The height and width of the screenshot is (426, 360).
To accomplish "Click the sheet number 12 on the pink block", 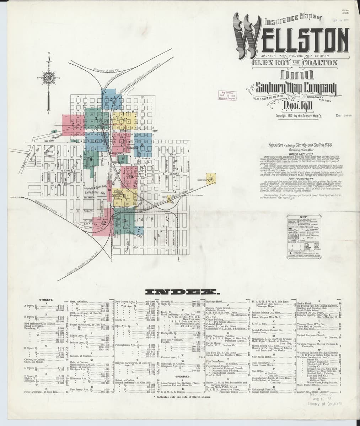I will (x=104, y=223).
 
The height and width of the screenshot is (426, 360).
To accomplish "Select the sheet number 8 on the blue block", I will (x=142, y=145).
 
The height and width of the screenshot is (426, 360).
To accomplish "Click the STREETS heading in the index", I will (x=46, y=300).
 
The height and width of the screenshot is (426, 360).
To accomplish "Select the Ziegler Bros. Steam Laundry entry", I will (x=313, y=392).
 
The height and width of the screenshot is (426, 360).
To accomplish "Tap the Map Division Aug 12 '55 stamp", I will (x=322, y=399).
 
